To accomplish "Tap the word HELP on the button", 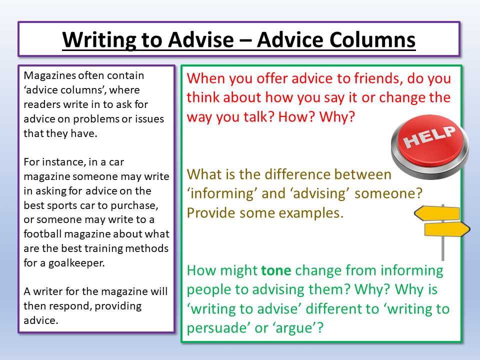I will point(430,136).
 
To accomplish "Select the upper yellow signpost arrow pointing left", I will point(438,213).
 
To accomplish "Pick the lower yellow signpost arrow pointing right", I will point(446,229).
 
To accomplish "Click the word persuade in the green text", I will point(217,327).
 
